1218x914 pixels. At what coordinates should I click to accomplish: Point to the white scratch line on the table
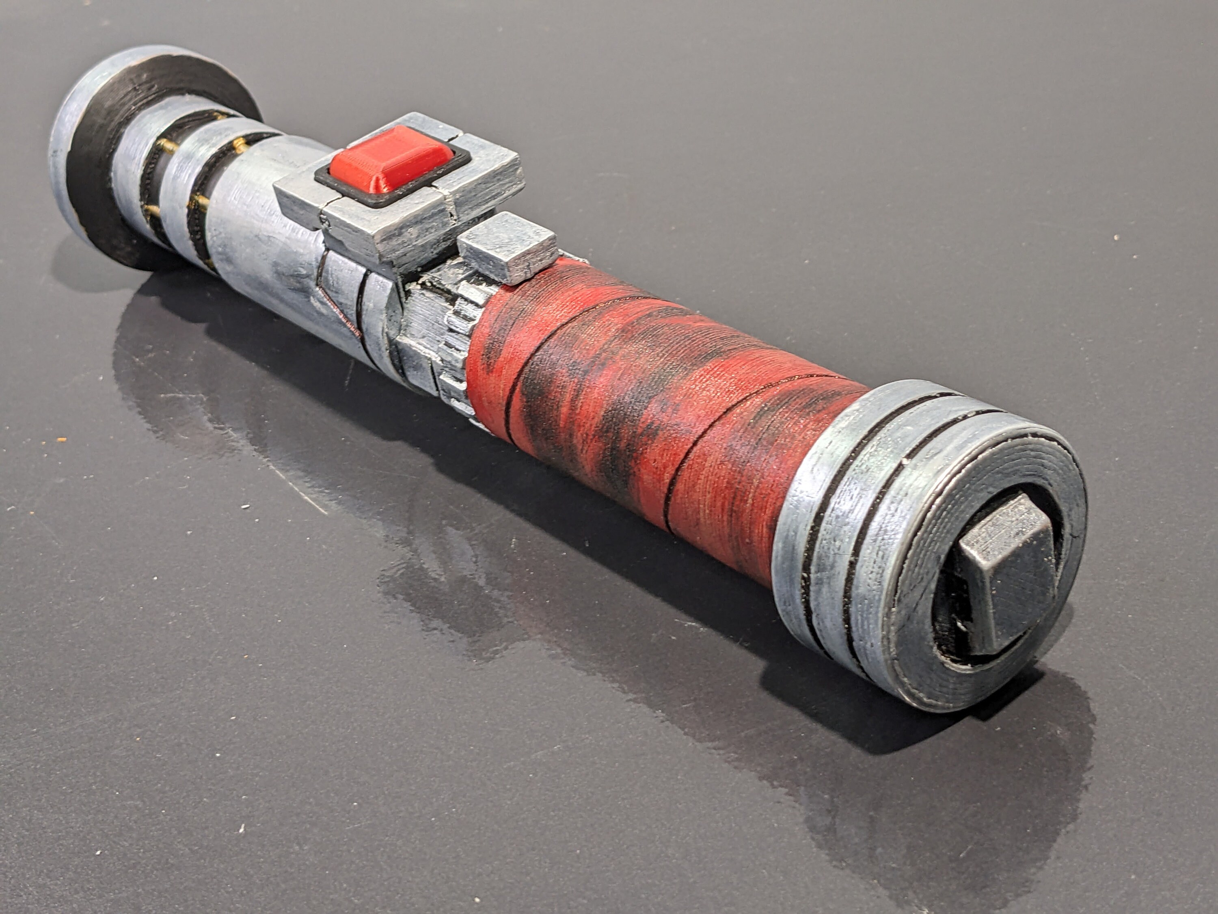tap(308, 496)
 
